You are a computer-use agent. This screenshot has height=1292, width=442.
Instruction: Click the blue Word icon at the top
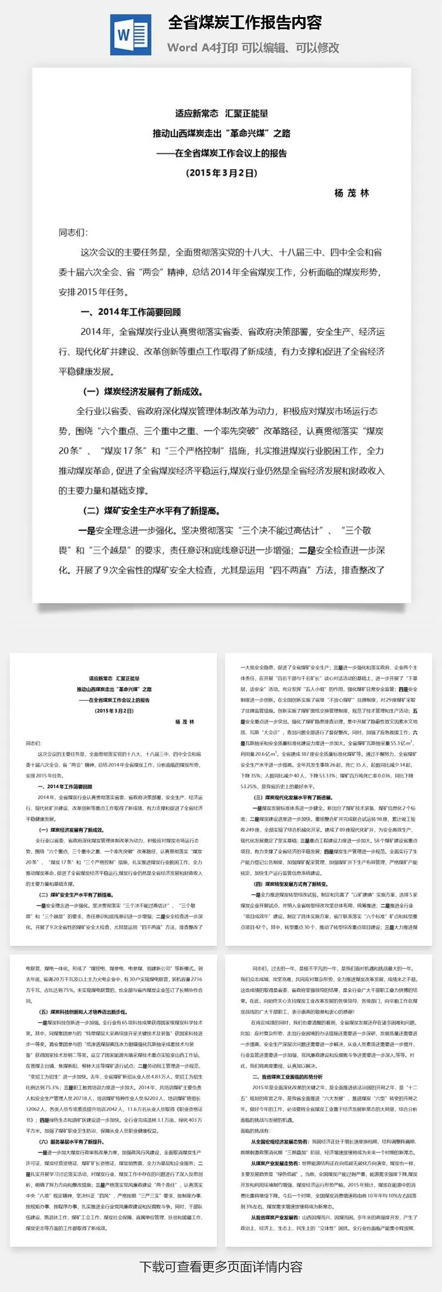click(x=131, y=35)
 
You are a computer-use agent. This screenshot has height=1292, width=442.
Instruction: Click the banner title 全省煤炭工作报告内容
click(x=245, y=23)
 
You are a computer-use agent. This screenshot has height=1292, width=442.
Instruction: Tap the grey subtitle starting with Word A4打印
click(x=253, y=47)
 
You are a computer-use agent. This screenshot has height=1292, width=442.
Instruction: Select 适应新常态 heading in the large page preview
click(x=221, y=114)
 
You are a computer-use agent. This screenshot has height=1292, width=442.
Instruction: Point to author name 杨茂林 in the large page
click(x=352, y=193)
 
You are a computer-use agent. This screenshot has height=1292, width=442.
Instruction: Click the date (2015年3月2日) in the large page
click(x=221, y=172)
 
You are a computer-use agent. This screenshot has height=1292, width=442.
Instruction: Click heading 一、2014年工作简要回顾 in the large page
click(x=130, y=312)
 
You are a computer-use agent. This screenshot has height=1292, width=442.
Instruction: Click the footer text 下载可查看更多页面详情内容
click(x=221, y=1267)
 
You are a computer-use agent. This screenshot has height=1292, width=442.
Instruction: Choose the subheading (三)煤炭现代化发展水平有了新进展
click(x=292, y=798)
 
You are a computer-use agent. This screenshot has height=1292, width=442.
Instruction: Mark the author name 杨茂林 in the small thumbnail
click(x=184, y=722)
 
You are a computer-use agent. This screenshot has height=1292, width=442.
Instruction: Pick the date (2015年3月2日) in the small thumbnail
click(x=114, y=711)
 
